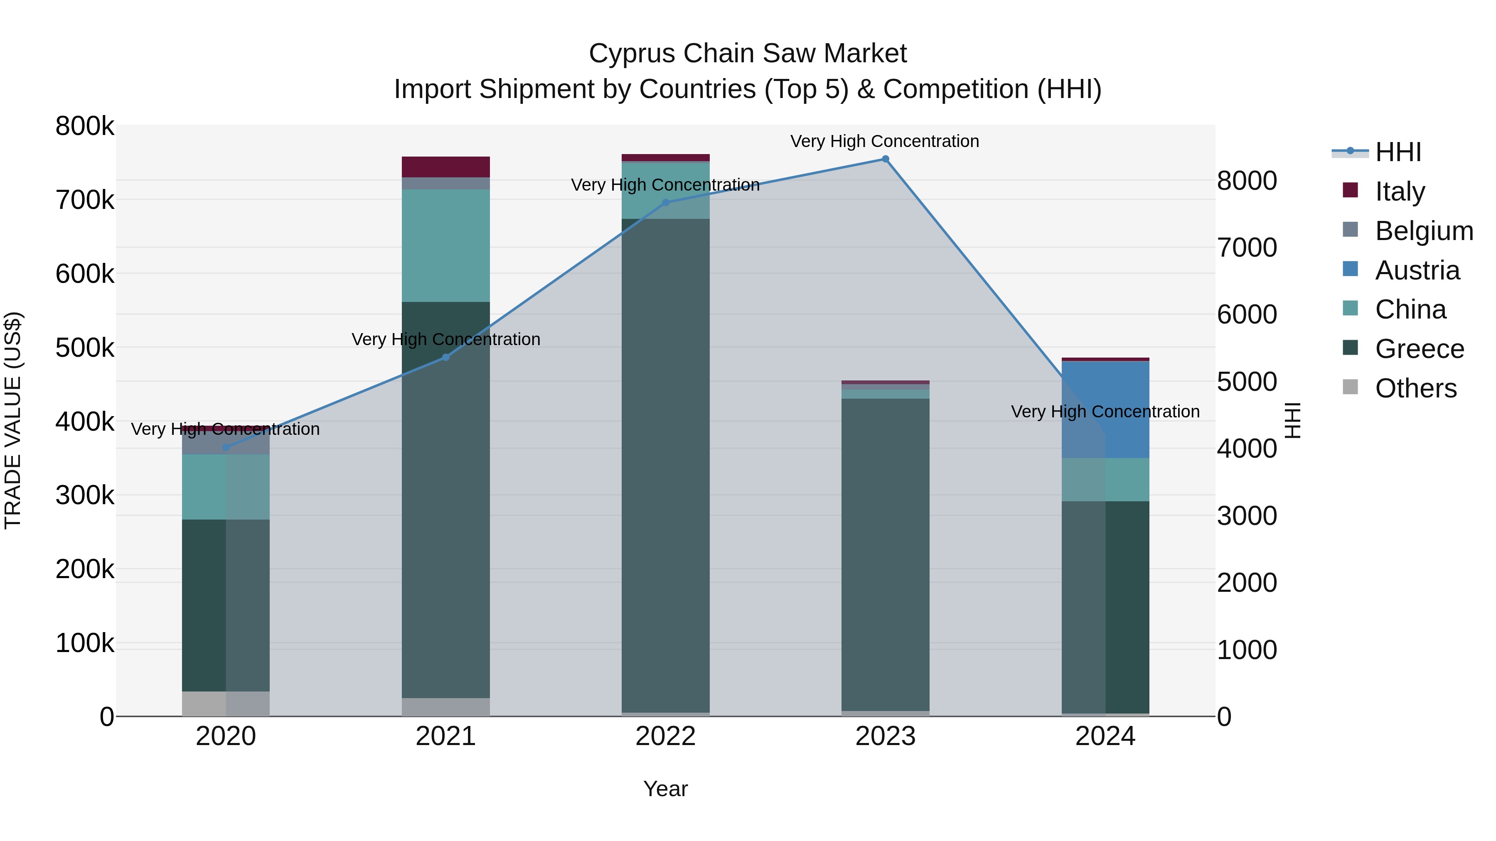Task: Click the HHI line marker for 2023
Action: [x=885, y=159]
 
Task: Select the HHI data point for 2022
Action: [x=666, y=203]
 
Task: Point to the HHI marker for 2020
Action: [x=226, y=447]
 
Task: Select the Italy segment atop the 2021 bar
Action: [x=445, y=167]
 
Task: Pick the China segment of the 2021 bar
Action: [x=445, y=245]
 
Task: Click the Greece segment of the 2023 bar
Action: [x=885, y=554]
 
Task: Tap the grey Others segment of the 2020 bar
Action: [x=226, y=704]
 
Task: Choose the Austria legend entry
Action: [x=1417, y=270]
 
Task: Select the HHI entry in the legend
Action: [x=1398, y=152]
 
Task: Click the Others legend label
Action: [x=1415, y=388]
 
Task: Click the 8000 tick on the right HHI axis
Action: [x=1247, y=181]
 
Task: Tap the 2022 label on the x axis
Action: [x=666, y=736]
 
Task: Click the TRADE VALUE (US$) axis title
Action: [x=13, y=420]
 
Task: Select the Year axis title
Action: [x=666, y=789]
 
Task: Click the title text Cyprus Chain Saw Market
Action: [x=748, y=54]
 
